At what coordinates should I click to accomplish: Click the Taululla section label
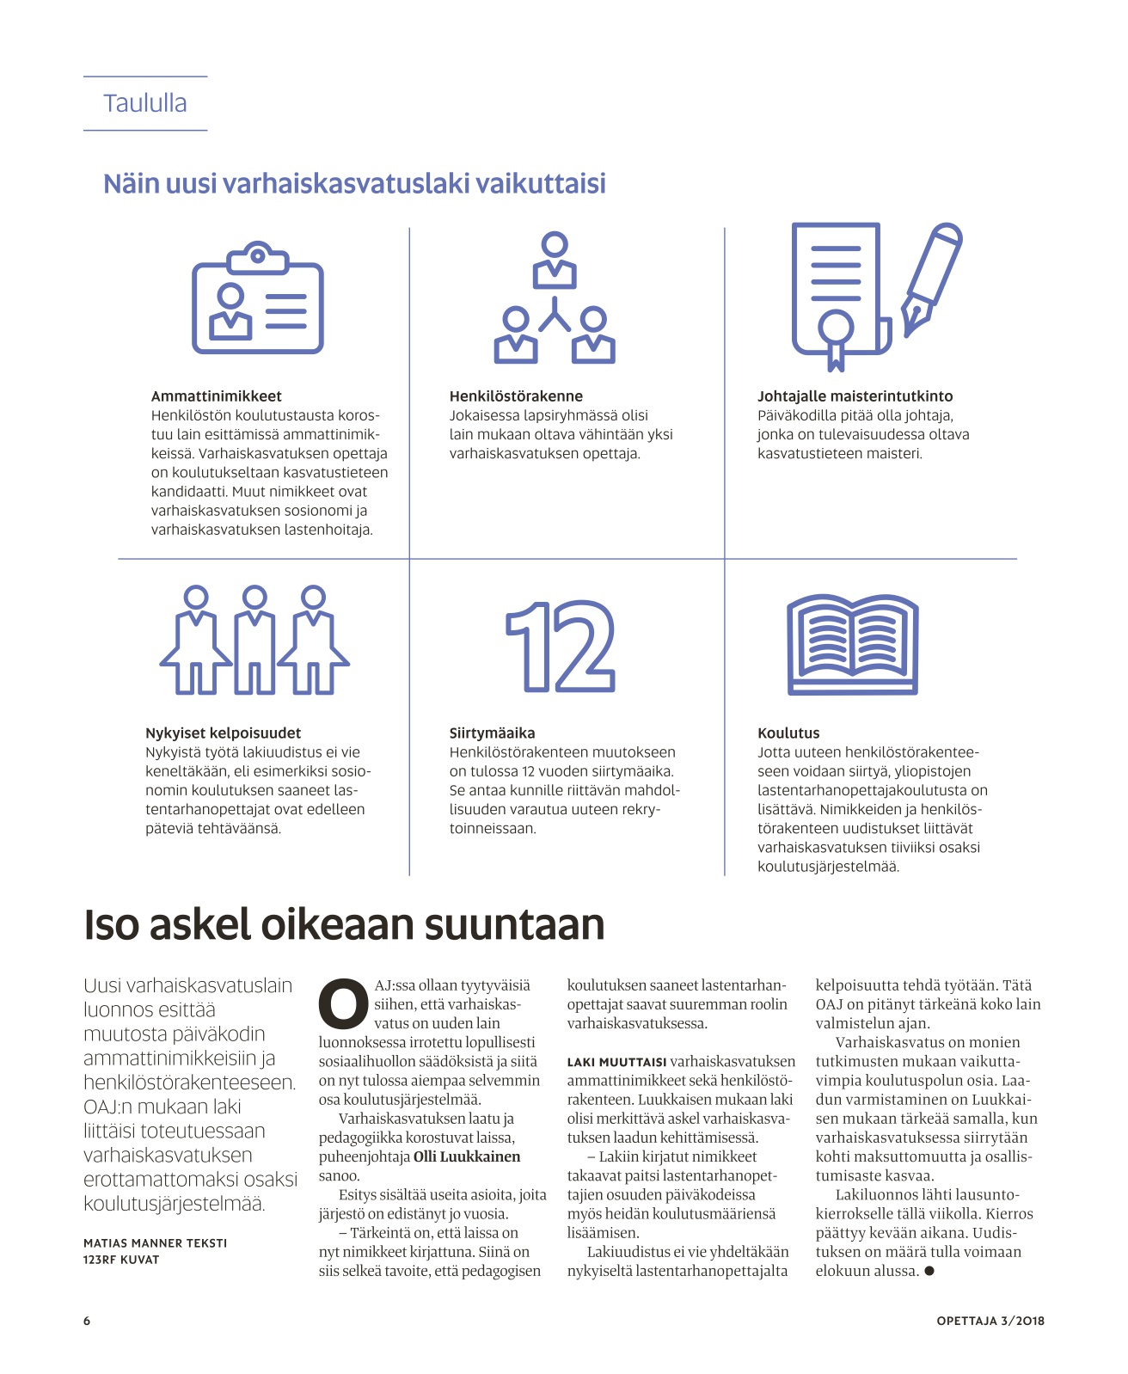144,103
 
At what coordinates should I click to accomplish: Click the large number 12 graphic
560,646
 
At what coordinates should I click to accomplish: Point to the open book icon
852,645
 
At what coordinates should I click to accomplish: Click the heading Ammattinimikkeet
216,396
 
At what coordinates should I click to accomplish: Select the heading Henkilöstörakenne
516,396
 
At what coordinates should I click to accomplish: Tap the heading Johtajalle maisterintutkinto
855,396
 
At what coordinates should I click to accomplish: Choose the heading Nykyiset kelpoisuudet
223,733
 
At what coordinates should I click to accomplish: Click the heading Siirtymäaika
492,733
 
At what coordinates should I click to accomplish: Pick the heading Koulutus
788,733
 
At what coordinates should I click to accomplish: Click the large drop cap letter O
343,1003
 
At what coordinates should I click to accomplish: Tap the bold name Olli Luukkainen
467,1156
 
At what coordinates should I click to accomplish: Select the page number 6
87,1321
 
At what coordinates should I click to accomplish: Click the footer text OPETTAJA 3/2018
990,1321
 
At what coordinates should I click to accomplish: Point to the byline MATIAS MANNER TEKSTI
156,1242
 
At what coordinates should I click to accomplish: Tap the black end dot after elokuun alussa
929,1271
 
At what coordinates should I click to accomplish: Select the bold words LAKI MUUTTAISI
616,1062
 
